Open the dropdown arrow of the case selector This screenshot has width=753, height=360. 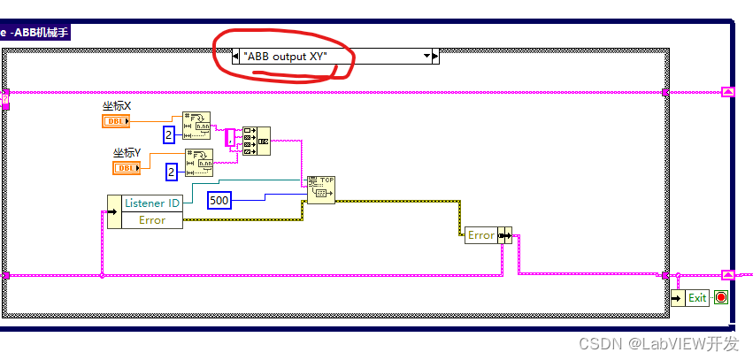tap(426, 56)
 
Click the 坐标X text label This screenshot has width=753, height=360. tap(116, 106)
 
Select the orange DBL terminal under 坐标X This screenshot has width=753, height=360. tap(116, 121)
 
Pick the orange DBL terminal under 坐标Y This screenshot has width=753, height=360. tap(127, 167)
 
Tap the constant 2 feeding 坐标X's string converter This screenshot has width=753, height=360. tap(170, 134)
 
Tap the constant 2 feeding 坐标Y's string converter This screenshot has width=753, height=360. tap(172, 172)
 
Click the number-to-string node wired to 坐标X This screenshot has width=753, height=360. tap(197, 126)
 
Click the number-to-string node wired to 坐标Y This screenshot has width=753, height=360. tap(199, 163)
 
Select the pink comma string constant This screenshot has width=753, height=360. tap(230, 137)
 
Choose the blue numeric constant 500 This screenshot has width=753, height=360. tap(219, 201)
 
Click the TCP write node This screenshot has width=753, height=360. tap(320, 189)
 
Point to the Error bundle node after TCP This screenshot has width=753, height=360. tap(488, 235)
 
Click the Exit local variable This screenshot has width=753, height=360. tap(691, 297)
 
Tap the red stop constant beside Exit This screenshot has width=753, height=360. tap(720, 297)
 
